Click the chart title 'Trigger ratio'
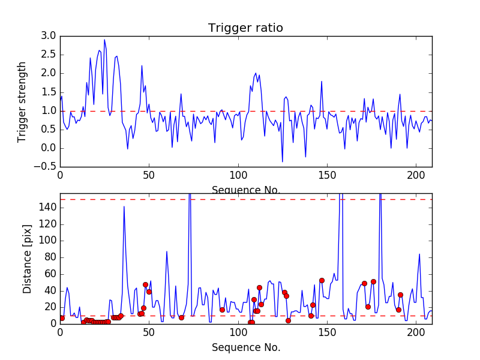tap(245, 28)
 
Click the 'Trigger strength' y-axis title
tap(22, 101)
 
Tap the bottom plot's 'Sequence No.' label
tap(245, 347)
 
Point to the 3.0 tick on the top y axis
tap(49, 36)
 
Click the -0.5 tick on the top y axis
tap(47, 167)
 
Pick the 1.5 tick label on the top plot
tap(49, 92)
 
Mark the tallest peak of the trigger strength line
tap(104, 40)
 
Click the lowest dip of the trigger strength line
tap(283, 161)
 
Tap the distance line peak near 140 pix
tap(124, 206)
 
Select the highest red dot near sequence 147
tap(322, 280)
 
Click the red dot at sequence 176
tap(373, 281)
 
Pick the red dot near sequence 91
tap(222, 310)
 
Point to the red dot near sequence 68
tap(181, 317)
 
